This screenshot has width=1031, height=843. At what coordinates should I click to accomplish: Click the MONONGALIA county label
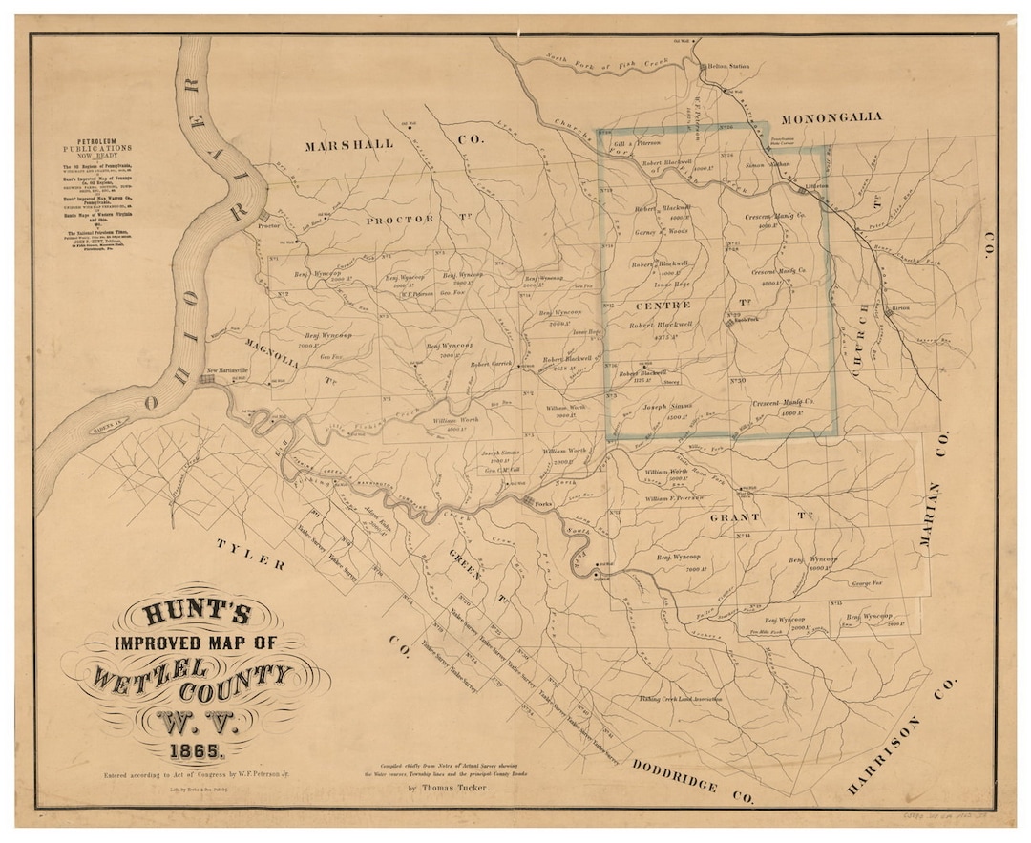click(x=831, y=117)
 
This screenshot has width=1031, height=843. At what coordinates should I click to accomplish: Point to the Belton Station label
click(x=727, y=67)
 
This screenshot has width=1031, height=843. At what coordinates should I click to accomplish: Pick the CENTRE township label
click(x=661, y=306)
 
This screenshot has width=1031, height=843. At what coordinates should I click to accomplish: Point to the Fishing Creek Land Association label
click(x=680, y=699)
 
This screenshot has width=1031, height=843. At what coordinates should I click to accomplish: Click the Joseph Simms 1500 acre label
click(x=667, y=411)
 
